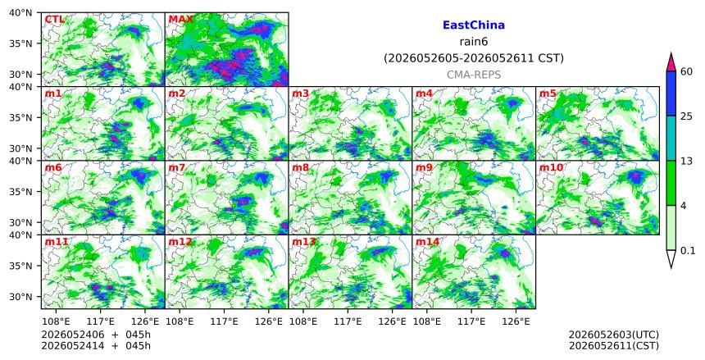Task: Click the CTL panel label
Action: [x=54, y=20]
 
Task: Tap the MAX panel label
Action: [x=180, y=20]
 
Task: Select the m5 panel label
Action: [x=548, y=93]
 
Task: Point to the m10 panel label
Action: [x=551, y=168]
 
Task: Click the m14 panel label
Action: [x=427, y=242]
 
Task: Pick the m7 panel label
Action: [x=177, y=168]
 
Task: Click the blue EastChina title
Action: [x=474, y=25]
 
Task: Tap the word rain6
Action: [x=474, y=42]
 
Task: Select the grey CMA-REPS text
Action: [x=474, y=75]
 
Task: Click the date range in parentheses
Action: [x=474, y=58]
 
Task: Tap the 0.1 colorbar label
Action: [x=688, y=251]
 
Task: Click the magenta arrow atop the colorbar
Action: [x=671, y=62]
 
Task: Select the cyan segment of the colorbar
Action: [x=671, y=138]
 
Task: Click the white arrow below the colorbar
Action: [x=671, y=258]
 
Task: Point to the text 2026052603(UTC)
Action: [x=614, y=335]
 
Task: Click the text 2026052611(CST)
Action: [x=614, y=345]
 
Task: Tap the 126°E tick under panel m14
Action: [x=516, y=321]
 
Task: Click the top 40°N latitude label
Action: [x=20, y=12]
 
